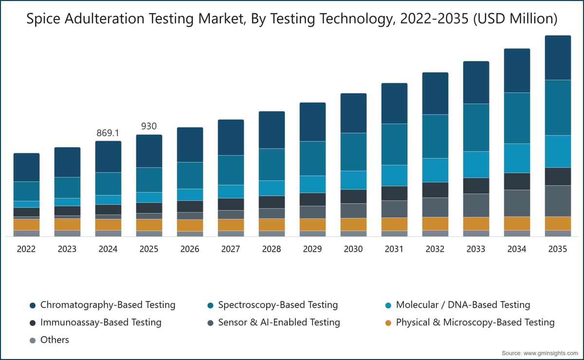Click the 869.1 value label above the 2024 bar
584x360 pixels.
click(108, 133)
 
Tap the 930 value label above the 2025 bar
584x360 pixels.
click(149, 126)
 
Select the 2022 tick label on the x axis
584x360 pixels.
click(26, 249)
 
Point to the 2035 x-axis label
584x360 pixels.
click(557, 249)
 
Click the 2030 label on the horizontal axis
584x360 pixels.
click(353, 249)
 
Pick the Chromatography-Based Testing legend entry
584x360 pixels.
click(103, 305)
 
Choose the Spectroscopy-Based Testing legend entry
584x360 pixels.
click(273, 305)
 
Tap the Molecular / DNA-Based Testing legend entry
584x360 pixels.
click(458, 305)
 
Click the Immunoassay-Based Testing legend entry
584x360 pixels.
click(96, 323)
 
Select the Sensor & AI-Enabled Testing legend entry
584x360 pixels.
click(274, 323)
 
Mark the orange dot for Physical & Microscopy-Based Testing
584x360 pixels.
click(388, 323)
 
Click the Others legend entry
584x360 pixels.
click(50, 340)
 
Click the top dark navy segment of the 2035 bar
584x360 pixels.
click(558, 57)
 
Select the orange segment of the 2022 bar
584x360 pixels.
click(27, 224)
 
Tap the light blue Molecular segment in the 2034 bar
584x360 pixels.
click(517, 158)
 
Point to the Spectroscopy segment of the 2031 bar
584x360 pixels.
click(394, 144)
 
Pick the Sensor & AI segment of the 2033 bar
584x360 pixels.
click(476, 205)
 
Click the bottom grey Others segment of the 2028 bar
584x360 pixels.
click(272, 234)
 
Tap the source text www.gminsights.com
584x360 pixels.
click(550, 353)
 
